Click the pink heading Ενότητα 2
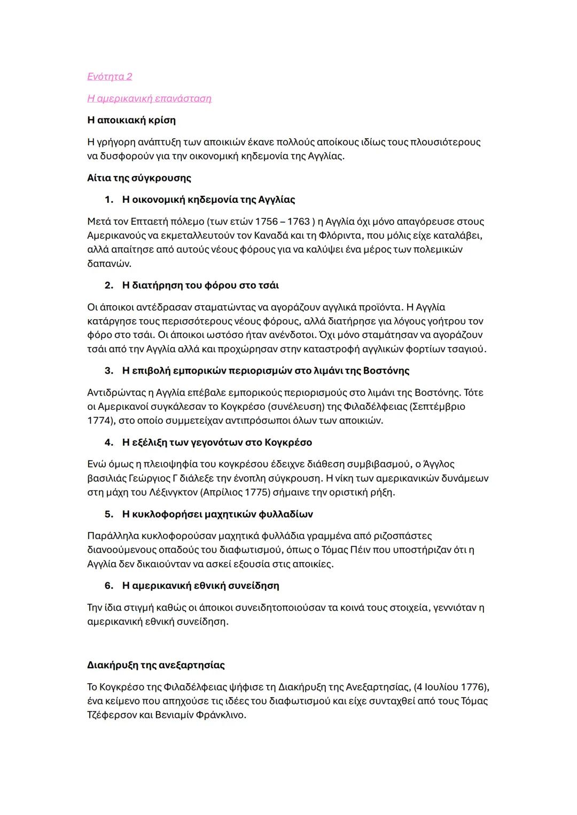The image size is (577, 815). coord(110,76)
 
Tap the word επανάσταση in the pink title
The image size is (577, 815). coord(183,98)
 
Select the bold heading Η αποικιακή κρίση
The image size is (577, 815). coord(131,120)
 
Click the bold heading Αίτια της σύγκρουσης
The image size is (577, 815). coord(139,178)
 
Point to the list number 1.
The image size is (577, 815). coord(108,200)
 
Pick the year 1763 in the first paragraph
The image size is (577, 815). coord(298,221)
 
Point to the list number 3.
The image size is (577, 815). coord(108,370)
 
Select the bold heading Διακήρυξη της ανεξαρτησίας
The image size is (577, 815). coord(155,665)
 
